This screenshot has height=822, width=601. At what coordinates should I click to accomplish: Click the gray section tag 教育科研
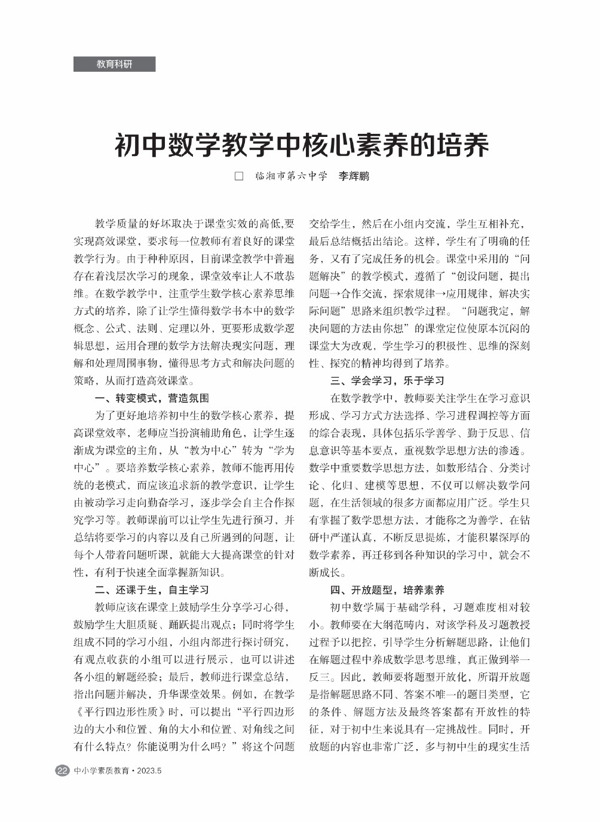(x=114, y=64)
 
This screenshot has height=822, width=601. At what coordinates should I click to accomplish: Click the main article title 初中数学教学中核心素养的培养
(x=302, y=144)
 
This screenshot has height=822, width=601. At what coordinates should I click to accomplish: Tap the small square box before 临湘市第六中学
(x=239, y=176)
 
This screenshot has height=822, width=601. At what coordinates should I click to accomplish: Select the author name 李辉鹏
(x=354, y=176)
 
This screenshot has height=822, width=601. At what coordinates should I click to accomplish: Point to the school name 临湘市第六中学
(x=291, y=176)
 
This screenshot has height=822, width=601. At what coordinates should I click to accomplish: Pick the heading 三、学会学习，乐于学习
(x=387, y=381)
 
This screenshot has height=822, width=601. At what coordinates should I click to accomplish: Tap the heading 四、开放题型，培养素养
(x=387, y=590)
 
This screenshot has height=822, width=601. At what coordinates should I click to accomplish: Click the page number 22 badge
(x=62, y=771)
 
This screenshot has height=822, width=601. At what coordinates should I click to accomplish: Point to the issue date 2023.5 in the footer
(x=149, y=771)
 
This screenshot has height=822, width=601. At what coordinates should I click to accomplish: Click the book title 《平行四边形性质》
(x=121, y=712)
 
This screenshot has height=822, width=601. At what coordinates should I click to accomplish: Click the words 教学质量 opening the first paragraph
(x=115, y=224)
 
